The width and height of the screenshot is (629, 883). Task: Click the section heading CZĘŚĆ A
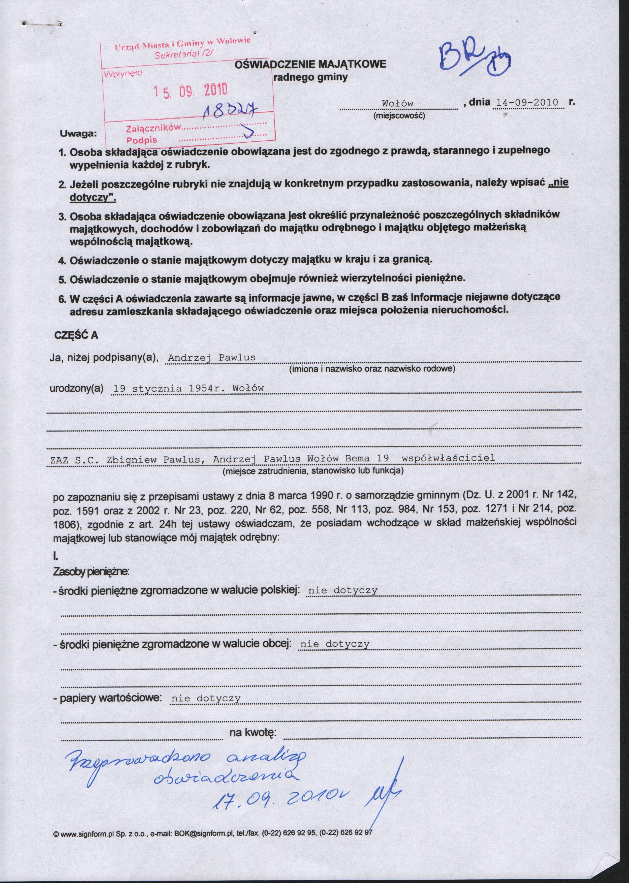[x=76, y=335]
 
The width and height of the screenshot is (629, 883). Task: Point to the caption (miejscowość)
[x=399, y=115]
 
